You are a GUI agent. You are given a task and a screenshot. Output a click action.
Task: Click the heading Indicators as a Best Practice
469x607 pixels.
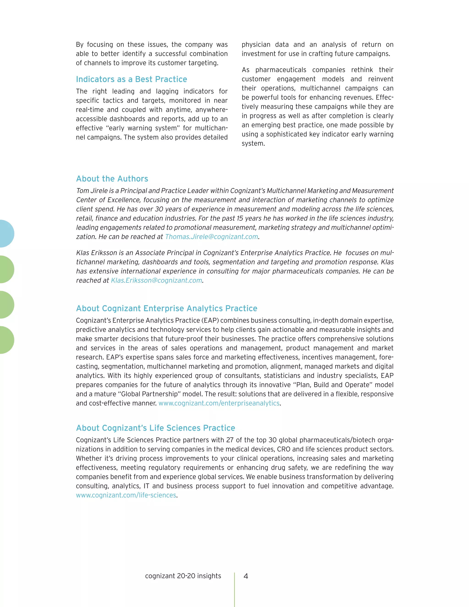click(x=131, y=79)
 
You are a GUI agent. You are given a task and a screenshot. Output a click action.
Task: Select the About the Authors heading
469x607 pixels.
click(x=112, y=179)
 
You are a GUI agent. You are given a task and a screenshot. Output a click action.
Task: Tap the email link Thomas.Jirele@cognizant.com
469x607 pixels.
click(x=211, y=237)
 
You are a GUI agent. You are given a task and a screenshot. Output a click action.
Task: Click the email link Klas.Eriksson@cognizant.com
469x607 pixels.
click(x=156, y=280)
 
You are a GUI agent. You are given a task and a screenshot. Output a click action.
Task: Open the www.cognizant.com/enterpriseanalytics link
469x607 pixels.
click(x=219, y=403)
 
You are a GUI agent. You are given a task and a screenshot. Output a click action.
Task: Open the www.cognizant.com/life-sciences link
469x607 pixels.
click(x=126, y=495)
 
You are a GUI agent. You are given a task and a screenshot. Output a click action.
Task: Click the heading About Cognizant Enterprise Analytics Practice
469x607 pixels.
click(x=167, y=309)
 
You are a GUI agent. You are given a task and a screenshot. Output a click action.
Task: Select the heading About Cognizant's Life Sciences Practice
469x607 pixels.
click(x=155, y=428)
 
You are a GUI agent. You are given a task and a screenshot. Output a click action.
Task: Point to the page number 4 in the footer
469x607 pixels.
click(x=246, y=576)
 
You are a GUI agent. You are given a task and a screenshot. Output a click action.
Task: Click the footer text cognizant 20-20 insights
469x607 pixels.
click(x=183, y=576)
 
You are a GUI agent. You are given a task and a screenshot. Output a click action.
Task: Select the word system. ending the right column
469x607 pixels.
click(x=253, y=144)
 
